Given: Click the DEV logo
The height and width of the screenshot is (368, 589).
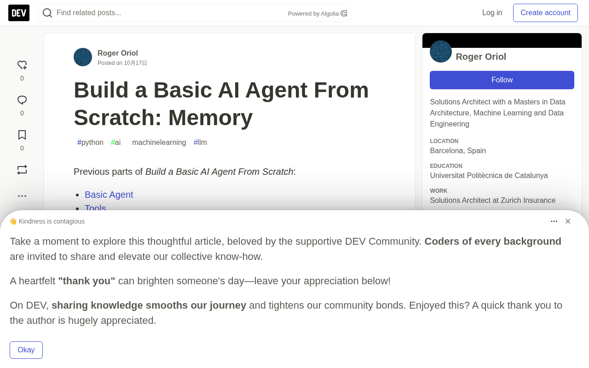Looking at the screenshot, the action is click(19, 13).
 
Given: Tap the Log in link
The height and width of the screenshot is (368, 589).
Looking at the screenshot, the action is click(492, 12).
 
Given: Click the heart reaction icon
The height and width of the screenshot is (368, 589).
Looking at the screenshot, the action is click(22, 65).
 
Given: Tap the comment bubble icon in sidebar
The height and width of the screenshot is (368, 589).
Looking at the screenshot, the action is click(22, 100).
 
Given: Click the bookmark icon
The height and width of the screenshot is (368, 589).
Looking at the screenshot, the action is click(22, 135).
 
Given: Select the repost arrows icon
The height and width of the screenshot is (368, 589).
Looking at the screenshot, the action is click(22, 170).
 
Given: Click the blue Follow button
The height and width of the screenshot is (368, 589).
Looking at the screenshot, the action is click(502, 80).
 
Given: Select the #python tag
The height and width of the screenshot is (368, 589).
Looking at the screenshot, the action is click(90, 143).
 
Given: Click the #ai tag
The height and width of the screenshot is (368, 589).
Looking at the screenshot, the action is click(115, 143).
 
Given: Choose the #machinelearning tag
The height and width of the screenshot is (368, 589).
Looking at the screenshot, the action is click(157, 143).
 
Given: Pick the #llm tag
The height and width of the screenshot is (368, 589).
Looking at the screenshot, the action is click(200, 143).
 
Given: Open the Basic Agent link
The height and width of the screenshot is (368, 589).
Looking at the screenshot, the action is click(109, 195).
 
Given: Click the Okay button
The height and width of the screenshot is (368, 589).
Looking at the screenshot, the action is click(26, 350).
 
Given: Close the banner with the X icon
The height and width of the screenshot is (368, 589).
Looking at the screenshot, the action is click(568, 221).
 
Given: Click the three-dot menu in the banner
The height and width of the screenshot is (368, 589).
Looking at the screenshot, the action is click(554, 221).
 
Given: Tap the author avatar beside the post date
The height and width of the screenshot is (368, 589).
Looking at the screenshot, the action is click(83, 57).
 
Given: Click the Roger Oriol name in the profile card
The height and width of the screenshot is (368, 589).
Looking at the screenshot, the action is click(481, 57).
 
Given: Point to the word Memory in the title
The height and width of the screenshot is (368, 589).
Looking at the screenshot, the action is click(210, 118).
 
